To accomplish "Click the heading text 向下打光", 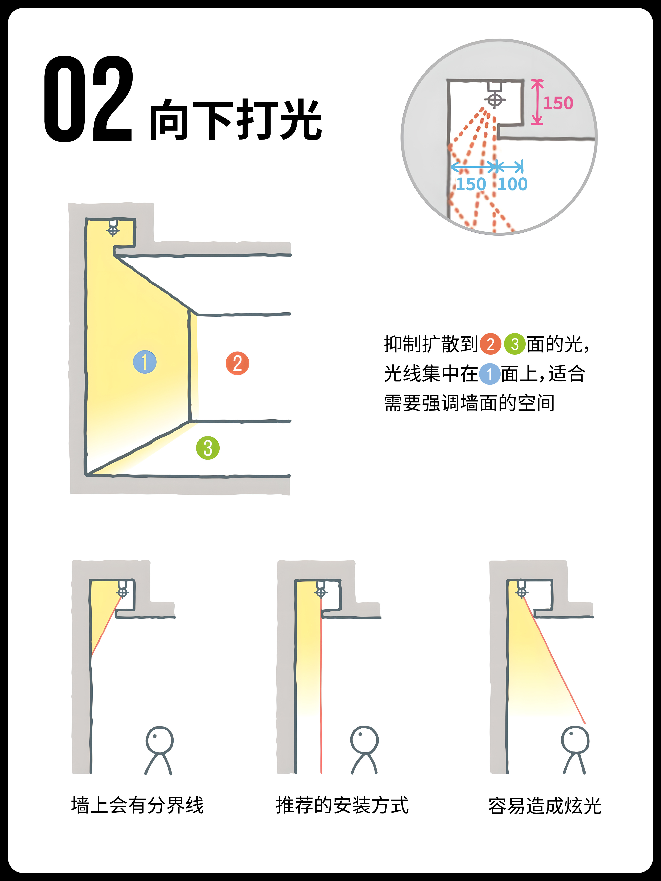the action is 236,119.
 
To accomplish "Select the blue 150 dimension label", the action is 471,184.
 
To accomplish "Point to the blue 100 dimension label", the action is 513,184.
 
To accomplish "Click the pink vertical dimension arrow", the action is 537,102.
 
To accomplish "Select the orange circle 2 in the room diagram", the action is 237,363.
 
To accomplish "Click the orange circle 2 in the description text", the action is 491,344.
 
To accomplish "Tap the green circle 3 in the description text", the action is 515,344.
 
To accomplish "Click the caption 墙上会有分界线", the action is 137,805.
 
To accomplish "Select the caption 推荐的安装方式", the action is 342,805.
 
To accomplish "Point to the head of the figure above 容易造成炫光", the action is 575,740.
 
